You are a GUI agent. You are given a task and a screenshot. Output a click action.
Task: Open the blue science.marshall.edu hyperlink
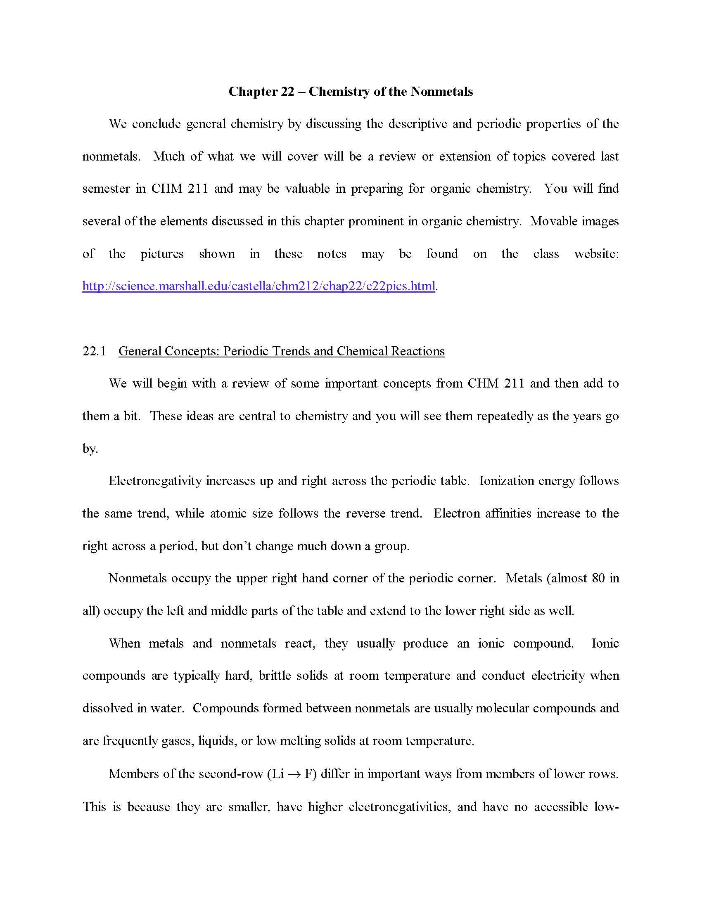(x=259, y=286)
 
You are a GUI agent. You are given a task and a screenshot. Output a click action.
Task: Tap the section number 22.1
(x=94, y=351)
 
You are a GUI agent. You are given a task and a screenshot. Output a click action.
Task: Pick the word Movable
(x=553, y=221)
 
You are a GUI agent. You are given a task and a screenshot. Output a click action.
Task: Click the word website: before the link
(x=596, y=253)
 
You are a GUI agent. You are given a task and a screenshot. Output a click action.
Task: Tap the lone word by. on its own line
(x=90, y=449)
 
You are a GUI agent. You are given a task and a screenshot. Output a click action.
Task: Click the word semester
(x=106, y=189)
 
